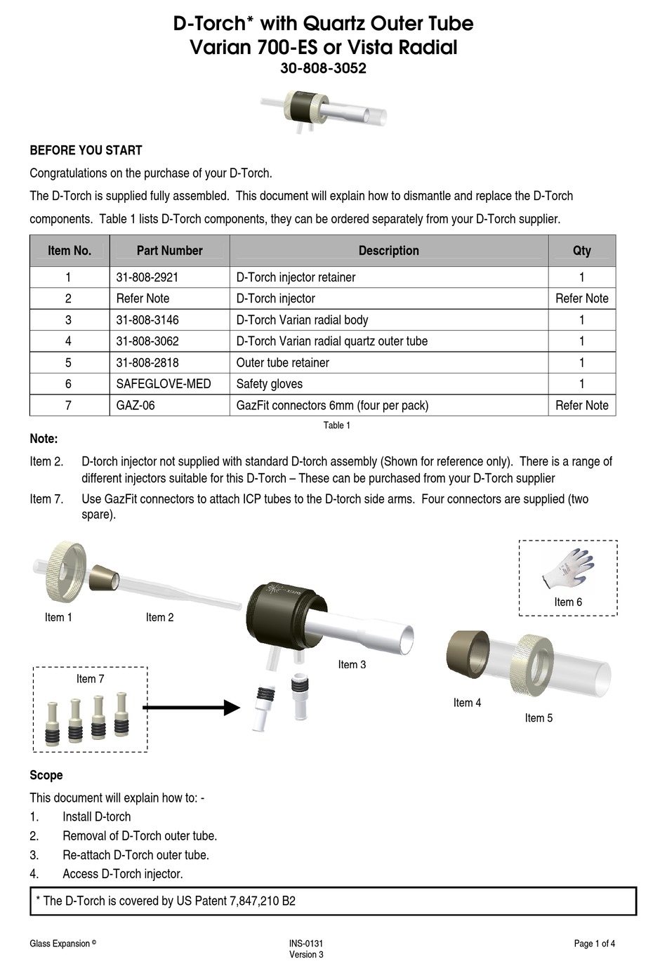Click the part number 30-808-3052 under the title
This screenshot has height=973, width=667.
[323, 69]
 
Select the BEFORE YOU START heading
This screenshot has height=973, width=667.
[86, 150]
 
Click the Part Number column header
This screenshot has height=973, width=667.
[169, 251]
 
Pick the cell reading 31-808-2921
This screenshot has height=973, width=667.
[147, 277]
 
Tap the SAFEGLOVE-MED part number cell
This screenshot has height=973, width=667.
[163, 384]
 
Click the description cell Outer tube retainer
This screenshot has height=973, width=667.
[282, 363]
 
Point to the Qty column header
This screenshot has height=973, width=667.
[581, 251]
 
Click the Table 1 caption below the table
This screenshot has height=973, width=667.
[336, 425]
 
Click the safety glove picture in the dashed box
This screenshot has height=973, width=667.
[568, 569]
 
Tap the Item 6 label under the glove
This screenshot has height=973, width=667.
[567, 602]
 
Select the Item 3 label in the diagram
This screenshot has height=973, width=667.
[352, 665]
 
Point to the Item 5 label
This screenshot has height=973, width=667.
[539, 718]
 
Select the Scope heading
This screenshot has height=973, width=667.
[46, 775]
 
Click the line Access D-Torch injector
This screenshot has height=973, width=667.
[122, 874]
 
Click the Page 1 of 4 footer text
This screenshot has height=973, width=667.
[594, 944]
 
